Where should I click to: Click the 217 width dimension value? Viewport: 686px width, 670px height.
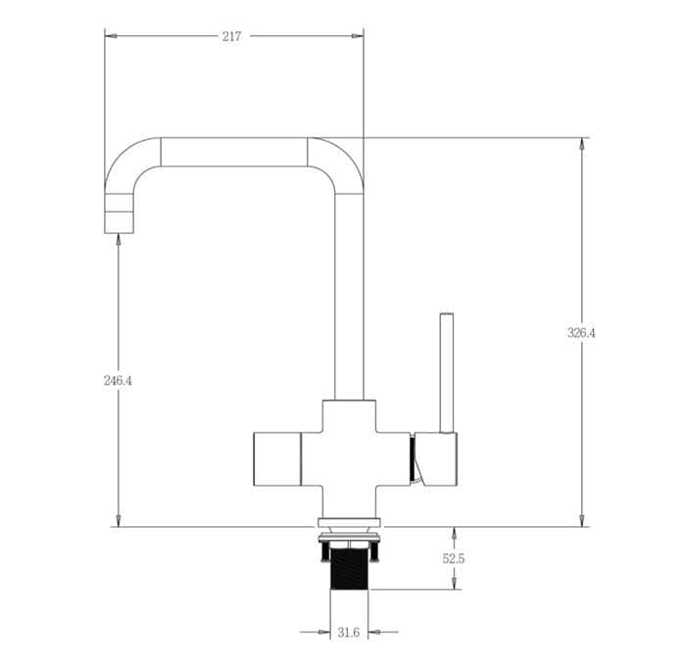[x=231, y=37]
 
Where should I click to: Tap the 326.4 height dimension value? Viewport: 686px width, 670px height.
[x=581, y=333]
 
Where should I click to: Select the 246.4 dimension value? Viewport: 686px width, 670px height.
[x=118, y=381]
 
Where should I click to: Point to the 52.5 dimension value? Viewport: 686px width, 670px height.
[x=453, y=558]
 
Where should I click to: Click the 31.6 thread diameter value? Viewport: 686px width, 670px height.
[x=349, y=633]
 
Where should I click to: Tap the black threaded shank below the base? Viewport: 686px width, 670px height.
[x=349, y=568]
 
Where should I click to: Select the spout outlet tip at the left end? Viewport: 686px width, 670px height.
[x=119, y=222]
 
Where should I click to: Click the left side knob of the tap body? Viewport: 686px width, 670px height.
[x=277, y=459]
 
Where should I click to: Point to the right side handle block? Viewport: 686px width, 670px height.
[x=436, y=459]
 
